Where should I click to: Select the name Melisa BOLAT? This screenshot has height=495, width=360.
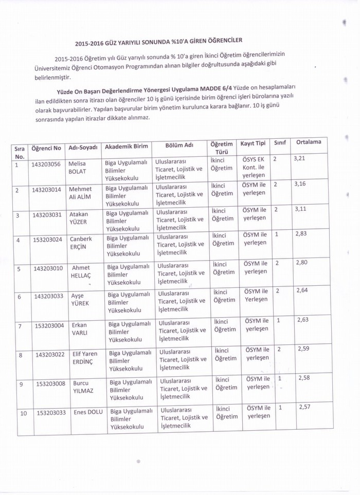pyautogui.click(x=77, y=168)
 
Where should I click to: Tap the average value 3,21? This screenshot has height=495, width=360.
pyautogui.click(x=299, y=158)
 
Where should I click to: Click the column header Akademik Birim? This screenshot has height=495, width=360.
pyautogui.click(x=127, y=147)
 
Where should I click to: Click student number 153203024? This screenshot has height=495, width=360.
pyautogui.click(x=48, y=239)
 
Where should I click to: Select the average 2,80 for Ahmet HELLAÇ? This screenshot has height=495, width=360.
pyautogui.click(x=301, y=262)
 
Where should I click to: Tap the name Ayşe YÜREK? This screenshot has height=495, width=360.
pyautogui.click(x=80, y=299)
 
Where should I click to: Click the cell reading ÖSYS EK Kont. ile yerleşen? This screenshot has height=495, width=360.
pyautogui.click(x=254, y=167)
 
